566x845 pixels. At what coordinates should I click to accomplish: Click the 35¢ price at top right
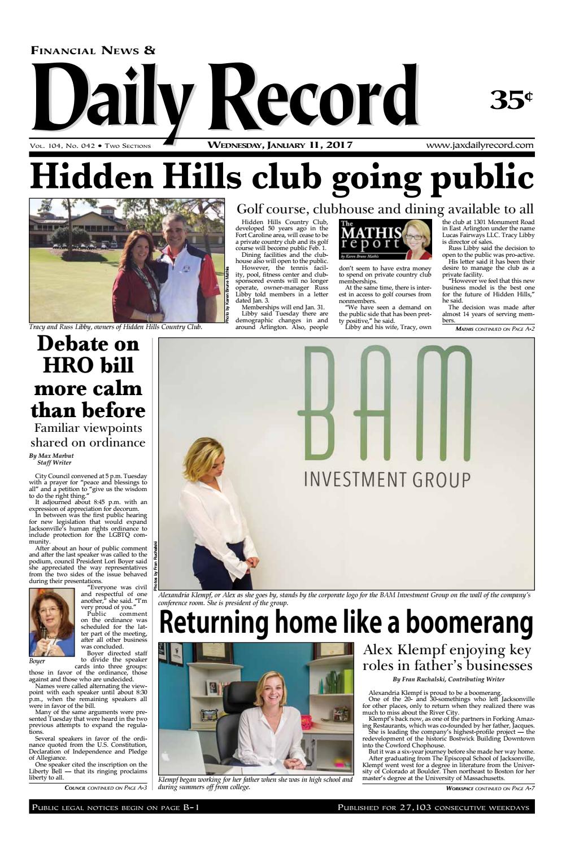(511, 99)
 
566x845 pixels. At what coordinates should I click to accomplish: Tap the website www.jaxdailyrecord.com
(480, 145)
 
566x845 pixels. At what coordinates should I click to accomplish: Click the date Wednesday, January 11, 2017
(280, 145)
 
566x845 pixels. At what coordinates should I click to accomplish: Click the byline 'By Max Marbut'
(51, 456)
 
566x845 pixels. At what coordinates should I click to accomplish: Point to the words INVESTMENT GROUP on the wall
(388, 480)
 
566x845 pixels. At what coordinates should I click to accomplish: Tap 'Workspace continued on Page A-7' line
(490, 787)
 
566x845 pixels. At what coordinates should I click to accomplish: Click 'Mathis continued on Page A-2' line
(494, 328)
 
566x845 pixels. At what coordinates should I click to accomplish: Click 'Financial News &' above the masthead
(93, 51)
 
